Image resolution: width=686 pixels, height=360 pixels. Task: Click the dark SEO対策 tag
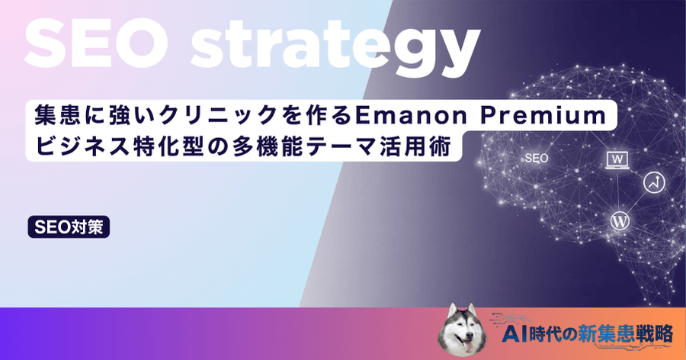69,227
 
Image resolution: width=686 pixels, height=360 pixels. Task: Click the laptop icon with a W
615,159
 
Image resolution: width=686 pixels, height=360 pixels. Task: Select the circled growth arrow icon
652,182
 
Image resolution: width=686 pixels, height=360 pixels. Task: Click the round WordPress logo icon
620,221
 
